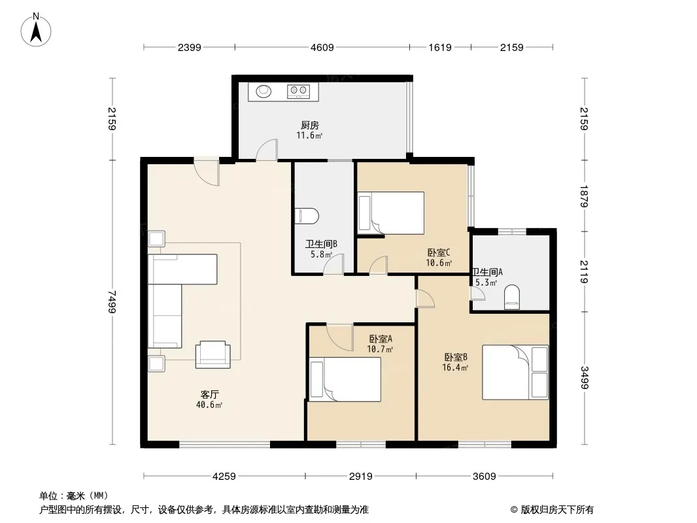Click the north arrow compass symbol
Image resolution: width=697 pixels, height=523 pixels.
click(36, 30)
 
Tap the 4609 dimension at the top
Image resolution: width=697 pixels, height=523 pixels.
click(322, 48)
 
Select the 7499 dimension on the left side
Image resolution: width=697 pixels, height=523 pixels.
click(112, 302)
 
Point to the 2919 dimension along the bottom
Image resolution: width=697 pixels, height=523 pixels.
click(360, 477)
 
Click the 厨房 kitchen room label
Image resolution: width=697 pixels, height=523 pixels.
click(309, 126)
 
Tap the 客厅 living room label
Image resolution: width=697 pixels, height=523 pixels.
click(209, 395)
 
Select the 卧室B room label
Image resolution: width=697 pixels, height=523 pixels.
click(456, 357)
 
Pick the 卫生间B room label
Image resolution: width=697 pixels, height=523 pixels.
click(321, 244)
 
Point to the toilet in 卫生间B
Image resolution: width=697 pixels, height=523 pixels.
click(309, 216)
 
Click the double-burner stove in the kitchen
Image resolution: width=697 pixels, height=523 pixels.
click(299, 91)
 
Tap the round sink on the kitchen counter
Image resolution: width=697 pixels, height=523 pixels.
click(263, 91)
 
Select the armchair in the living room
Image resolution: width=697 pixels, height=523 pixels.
click(213, 354)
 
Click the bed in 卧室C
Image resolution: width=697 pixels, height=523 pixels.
click(391, 213)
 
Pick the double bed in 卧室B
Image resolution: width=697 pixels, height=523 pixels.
click(515, 372)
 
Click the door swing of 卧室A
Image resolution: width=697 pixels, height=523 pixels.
click(339, 338)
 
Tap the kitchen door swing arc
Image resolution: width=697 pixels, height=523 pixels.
click(266, 149)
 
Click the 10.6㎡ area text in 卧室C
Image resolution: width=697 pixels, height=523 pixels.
click(439, 263)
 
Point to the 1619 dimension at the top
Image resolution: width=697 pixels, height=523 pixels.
click(440, 48)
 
